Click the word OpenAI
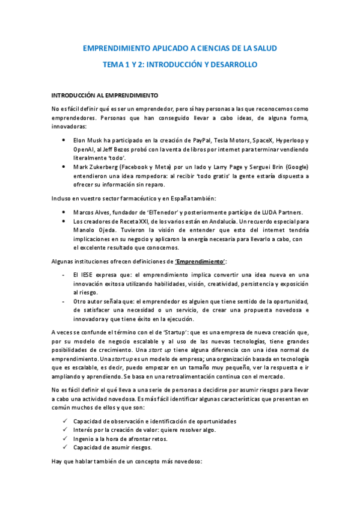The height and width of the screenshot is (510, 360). pyautogui.click(x=85, y=149)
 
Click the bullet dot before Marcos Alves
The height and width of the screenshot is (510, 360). pyautogui.click(x=64, y=212)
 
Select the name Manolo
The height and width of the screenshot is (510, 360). pyautogui.click(x=84, y=230)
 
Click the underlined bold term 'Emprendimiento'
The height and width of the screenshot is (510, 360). pyautogui.click(x=200, y=260)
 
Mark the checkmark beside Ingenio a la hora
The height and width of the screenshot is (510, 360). pyautogui.click(x=64, y=438)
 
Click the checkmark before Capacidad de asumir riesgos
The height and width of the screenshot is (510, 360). pyautogui.click(x=64, y=447)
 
